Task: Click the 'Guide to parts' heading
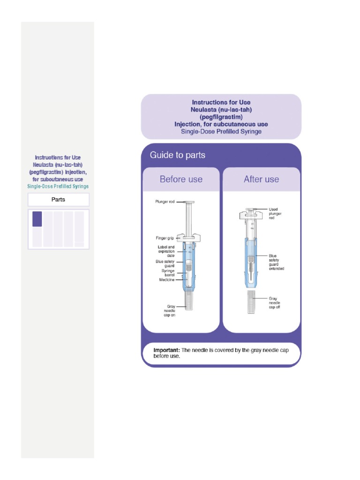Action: [177, 155]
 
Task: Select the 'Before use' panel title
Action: [181, 179]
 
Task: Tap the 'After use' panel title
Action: [261, 179]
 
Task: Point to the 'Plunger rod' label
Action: [165, 202]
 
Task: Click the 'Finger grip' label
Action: [165, 238]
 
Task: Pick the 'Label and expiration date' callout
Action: [166, 251]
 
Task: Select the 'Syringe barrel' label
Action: [168, 273]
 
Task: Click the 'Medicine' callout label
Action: [167, 280]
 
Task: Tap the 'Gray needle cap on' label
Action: [168, 310]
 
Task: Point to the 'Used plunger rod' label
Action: [275, 213]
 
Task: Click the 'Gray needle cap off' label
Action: [275, 302]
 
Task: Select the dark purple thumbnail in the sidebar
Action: [37, 219]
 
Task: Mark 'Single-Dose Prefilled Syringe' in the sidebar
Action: [58, 186]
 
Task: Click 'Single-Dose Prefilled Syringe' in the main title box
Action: [221, 132]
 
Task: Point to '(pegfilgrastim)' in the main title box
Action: [221, 117]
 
